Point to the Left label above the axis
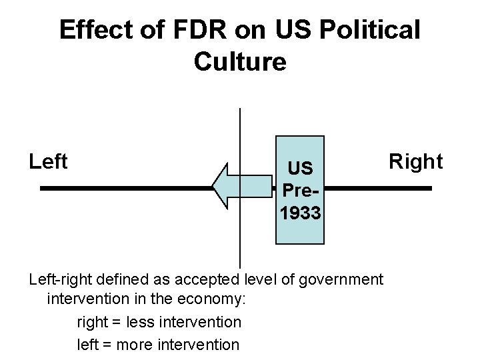pos(49,161)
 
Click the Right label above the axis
pos(416,161)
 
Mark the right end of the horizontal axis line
pos(431,189)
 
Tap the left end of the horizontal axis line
pos(41,189)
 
